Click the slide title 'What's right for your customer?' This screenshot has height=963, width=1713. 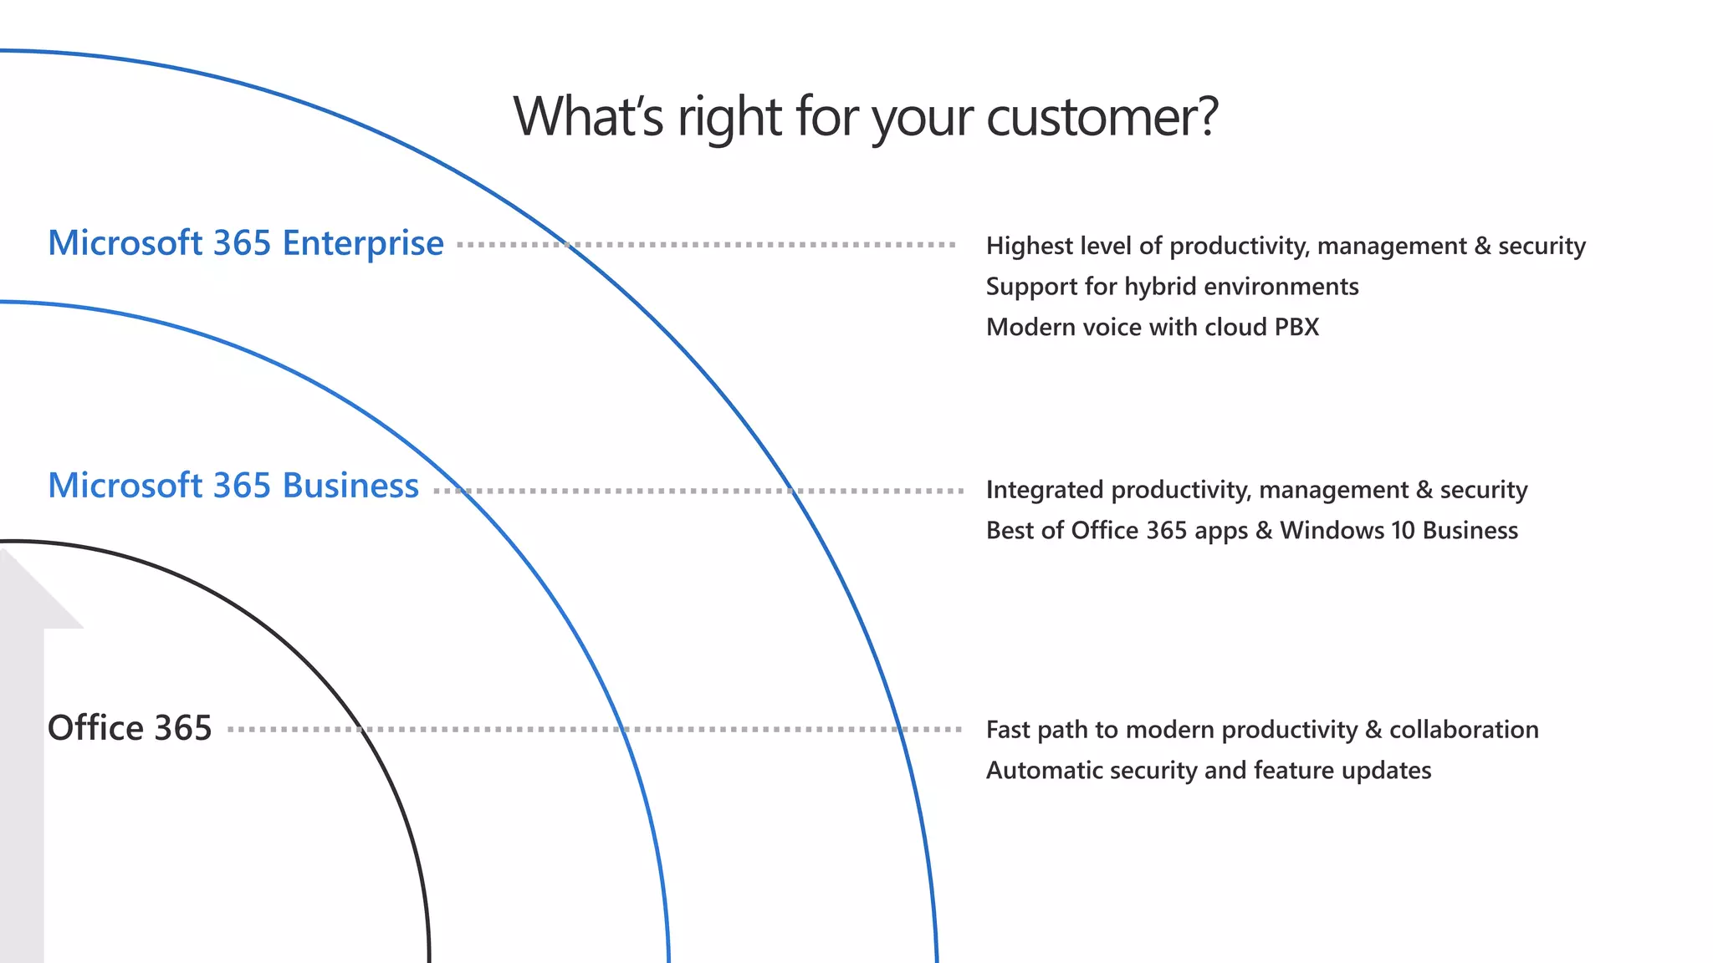[865, 117]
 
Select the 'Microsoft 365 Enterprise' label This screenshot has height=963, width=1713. [245, 243]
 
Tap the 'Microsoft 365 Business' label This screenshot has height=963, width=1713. [233, 486]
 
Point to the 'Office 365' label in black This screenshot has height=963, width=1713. [130, 728]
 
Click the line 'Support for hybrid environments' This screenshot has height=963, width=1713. [1172, 287]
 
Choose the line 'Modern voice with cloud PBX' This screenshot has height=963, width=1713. [1152, 327]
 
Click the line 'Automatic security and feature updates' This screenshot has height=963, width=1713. [1208, 770]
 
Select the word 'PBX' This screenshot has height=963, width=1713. [1296, 327]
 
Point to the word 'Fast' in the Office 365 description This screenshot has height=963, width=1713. [1008, 730]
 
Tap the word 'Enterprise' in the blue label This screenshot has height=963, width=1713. [363, 243]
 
